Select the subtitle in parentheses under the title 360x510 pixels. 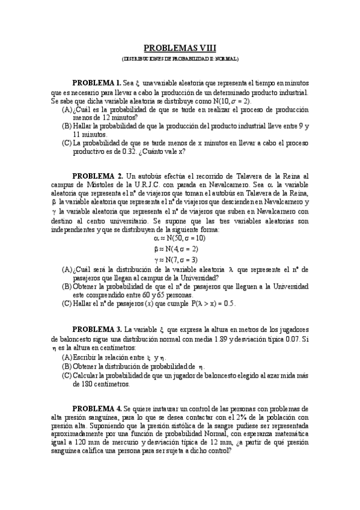click(180, 60)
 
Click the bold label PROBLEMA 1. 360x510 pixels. click(97, 82)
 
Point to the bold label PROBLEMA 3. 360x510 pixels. click(97, 330)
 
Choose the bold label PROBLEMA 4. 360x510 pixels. click(97, 408)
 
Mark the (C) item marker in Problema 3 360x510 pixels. click(67, 376)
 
